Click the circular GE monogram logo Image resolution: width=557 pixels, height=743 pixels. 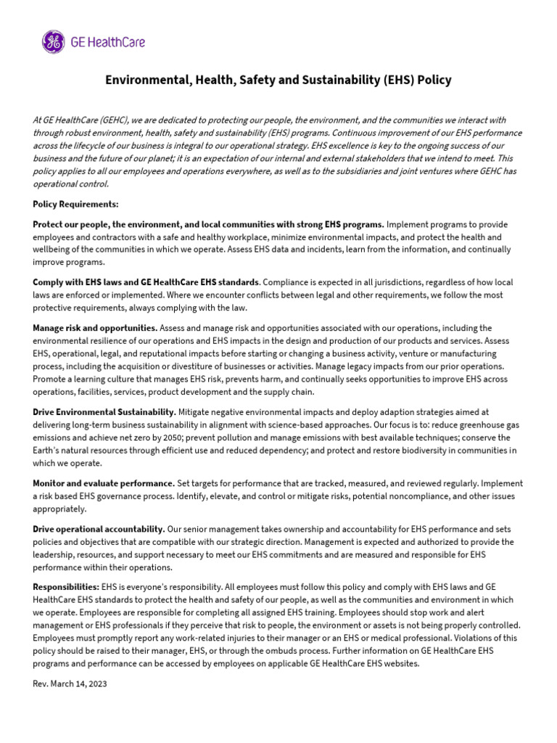coord(52,41)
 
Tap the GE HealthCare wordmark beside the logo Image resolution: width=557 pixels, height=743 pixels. coord(107,41)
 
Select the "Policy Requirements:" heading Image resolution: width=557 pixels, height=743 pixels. coord(75,205)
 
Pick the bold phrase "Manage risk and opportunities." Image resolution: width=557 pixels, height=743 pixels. coord(95,328)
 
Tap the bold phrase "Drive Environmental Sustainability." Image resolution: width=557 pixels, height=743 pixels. coord(104,411)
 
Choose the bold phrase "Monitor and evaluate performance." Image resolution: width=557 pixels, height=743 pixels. coord(104,483)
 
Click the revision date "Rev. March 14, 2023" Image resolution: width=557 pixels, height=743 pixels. coord(70,684)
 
